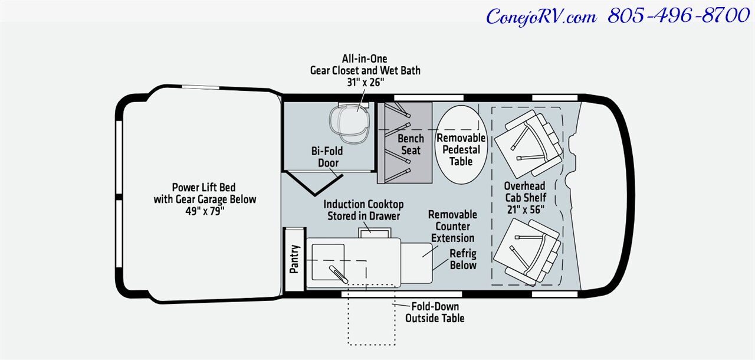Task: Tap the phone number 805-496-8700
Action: tap(678, 16)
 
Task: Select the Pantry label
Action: tap(295, 259)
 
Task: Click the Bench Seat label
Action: tap(411, 144)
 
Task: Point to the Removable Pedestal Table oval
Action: tap(461, 145)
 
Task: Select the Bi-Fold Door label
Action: tap(327, 156)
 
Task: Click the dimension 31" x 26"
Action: tap(365, 83)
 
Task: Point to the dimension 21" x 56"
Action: tap(524, 210)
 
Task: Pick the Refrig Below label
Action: tap(463, 260)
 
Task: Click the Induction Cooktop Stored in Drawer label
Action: tap(363, 210)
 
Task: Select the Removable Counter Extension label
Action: tap(452, 226)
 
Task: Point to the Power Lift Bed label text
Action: tap(205, 194)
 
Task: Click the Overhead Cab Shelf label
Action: tap(524, 192)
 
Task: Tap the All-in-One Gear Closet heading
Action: tap(365, 64)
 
